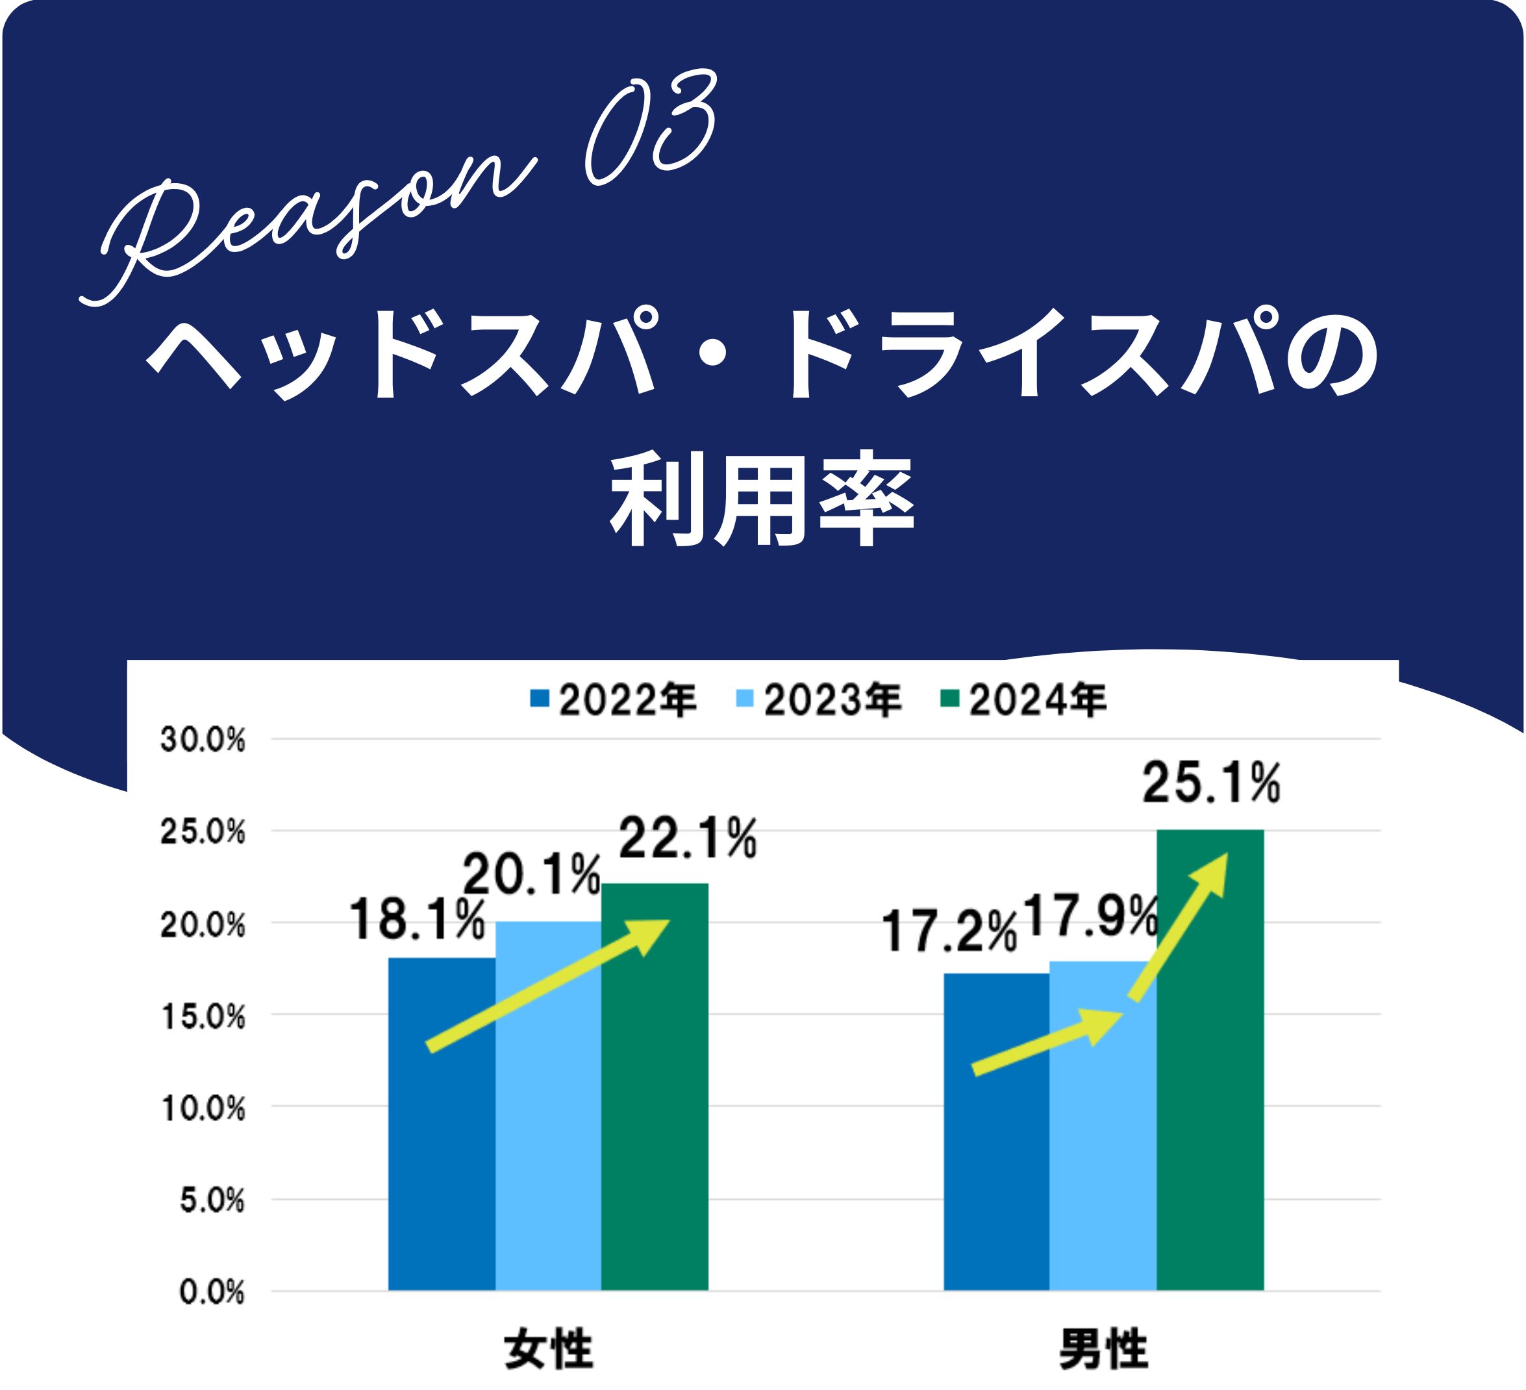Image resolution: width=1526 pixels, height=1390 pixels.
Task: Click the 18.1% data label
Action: pos(416,920)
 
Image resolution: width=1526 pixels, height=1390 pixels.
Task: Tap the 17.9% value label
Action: pos(1090,916)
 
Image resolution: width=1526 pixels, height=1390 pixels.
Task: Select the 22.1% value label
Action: pos(687,838)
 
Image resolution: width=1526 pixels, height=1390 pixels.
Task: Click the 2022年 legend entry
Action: pos(613,700)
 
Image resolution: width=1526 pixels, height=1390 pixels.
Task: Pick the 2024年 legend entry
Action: pos(1023,700)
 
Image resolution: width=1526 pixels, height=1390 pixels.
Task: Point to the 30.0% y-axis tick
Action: pos(203,740)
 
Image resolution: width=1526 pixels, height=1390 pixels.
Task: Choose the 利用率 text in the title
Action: pos(762,499)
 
